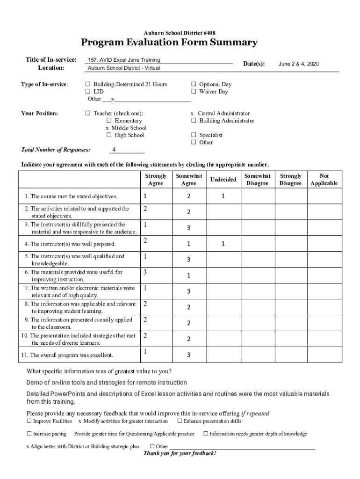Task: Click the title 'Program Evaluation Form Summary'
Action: (169, 43)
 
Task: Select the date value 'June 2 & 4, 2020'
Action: (298, 64)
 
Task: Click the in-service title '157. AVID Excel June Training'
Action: (124, 60)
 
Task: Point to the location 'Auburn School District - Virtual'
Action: (124, 68)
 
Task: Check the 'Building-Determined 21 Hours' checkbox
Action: (88, 85)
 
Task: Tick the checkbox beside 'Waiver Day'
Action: (194, 92)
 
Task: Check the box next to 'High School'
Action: (109, 135)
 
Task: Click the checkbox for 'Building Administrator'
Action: (194, 121)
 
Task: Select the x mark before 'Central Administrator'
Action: (192, 113)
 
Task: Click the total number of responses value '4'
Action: (114, 150)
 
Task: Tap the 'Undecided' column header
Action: (223, 180)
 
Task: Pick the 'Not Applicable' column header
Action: (324, 180)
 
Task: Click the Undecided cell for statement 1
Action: (223, 196)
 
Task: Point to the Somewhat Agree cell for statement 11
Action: (188, 355)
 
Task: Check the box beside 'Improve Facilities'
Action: (29, 421)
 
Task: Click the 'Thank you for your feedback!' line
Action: (180, 453)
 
